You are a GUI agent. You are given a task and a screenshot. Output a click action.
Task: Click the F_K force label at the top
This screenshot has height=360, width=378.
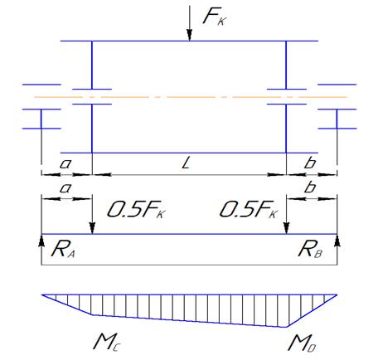pyautogui.click(x=215, y=17)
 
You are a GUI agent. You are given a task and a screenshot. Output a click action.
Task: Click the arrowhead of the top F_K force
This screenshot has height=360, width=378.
pyautogui.click(x=189, y=36)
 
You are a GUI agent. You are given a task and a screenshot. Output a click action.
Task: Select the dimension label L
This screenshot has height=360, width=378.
pyautogui.click(x=187, y=163)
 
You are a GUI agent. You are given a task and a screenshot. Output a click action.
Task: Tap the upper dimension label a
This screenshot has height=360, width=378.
pyautogui.click(x=65, y=164)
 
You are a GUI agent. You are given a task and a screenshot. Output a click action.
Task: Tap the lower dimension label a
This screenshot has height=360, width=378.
pyautogui.click(x=65, y=188)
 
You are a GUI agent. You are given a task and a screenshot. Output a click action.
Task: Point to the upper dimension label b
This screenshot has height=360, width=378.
pyautogui.click(x=310, y=163)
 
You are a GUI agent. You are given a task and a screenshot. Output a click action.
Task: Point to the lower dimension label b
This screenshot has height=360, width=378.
pyautogui.click(x=310, y=187)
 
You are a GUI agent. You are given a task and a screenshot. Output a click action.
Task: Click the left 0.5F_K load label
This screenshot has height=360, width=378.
pyautogui.click(x=136, y=210)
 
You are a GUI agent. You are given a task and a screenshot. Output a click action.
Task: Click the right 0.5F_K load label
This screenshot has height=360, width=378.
pyautogui.click(x=249, y=210)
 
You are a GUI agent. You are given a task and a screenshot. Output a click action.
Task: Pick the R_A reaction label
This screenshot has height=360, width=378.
pyautogui.click(x=63, y=250)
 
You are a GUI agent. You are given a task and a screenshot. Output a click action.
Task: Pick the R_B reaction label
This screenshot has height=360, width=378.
pyautogui.click(x=310, y=250)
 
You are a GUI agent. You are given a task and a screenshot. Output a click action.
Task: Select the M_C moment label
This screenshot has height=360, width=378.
pyautogui.click(x=107, y=343)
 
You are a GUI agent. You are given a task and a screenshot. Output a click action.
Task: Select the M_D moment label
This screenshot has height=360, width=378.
pyautogui.click(x=302, y=343)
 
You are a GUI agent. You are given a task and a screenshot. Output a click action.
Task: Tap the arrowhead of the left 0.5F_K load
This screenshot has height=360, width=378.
pyautogui.click(x=92, y=228)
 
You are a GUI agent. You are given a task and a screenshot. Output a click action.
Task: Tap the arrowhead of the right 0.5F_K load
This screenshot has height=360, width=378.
pyautogui.click(x=287, y=228)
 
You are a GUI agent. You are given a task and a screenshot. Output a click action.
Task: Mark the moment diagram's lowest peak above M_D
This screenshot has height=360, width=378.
pyautogui.click(x=287, y=327)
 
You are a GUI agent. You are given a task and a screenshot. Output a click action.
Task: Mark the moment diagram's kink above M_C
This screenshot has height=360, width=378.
pyautogui.click(x=92, y=314)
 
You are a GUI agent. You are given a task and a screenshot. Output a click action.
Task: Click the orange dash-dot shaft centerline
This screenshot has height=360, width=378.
pyautogui.click(x=191, y=97)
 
